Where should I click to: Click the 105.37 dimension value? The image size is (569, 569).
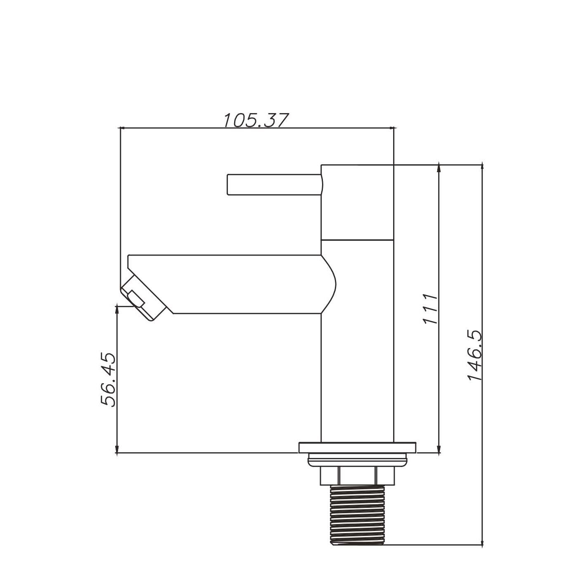click(255, 120)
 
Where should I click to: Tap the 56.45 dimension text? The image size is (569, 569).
click(108, 380)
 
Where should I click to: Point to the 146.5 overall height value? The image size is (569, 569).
click(475, 356)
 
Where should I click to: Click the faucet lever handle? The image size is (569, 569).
click(275, 185)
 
